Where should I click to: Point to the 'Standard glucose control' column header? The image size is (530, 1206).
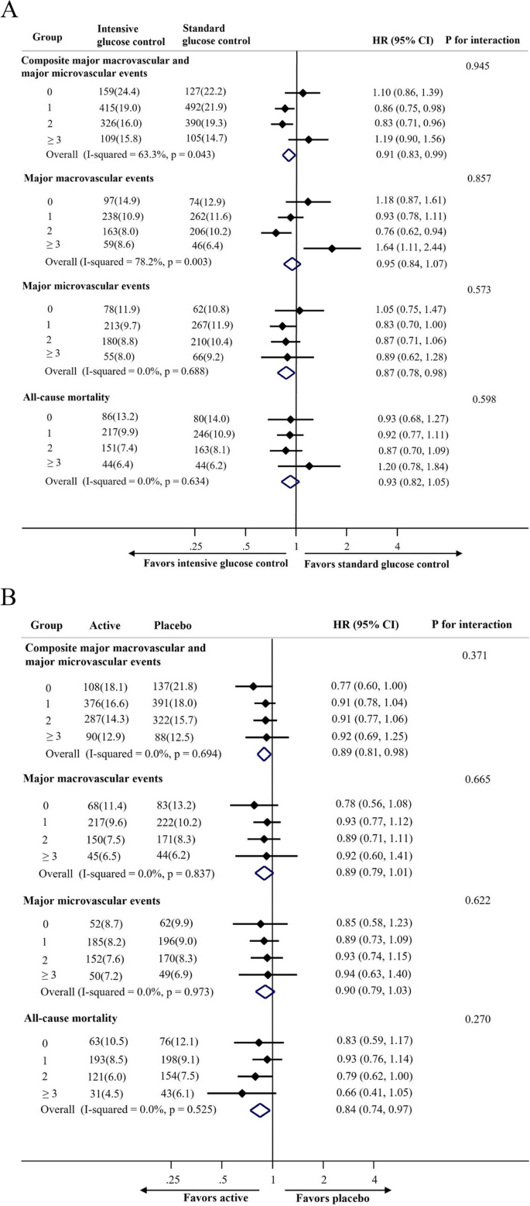coord(215,34)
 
